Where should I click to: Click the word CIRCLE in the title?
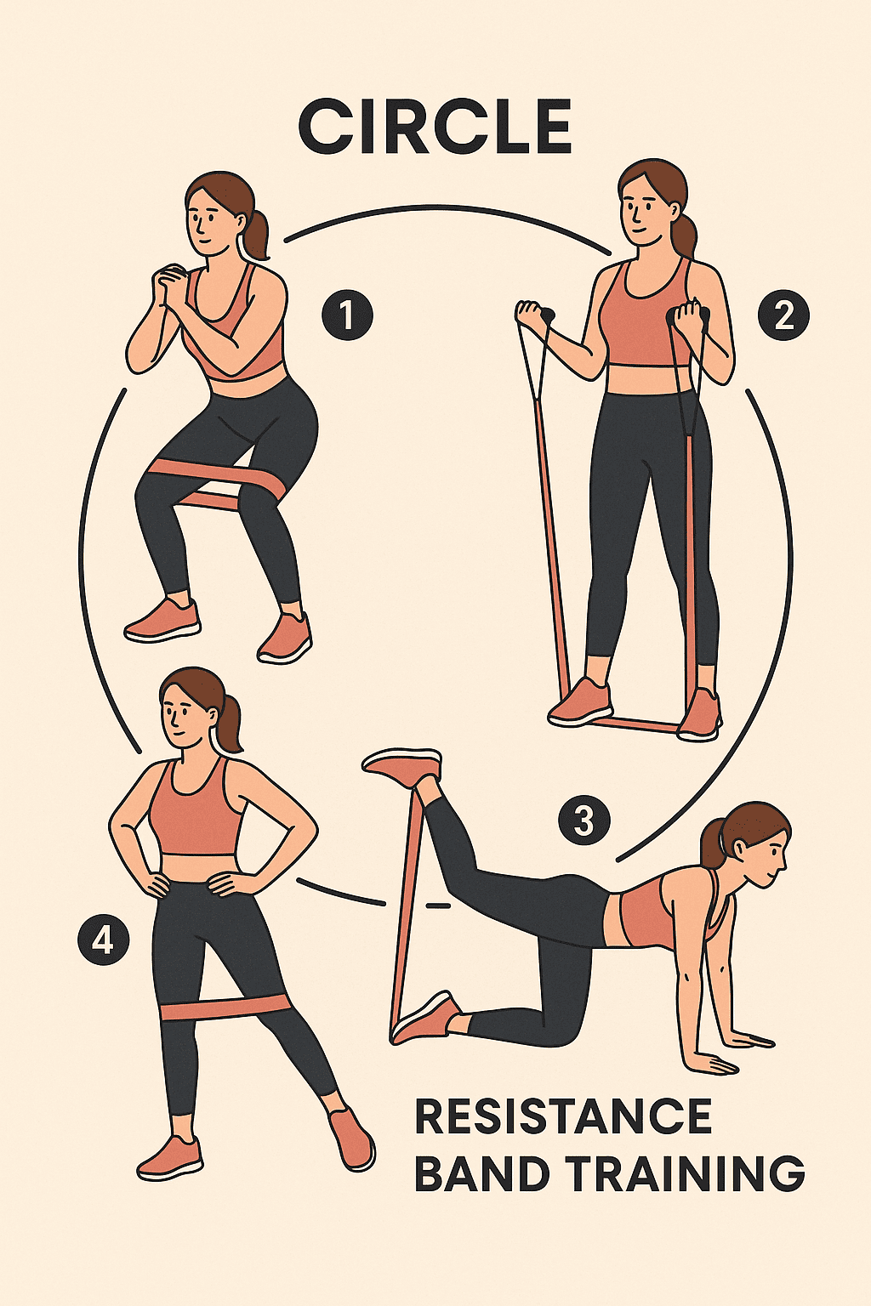click(435, 127)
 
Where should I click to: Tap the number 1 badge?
click(347, 315)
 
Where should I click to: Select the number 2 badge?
click(783, 316)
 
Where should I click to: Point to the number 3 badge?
click(584, 821)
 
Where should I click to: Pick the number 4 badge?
click(103, 940)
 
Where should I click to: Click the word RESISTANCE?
click(563, 1116)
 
